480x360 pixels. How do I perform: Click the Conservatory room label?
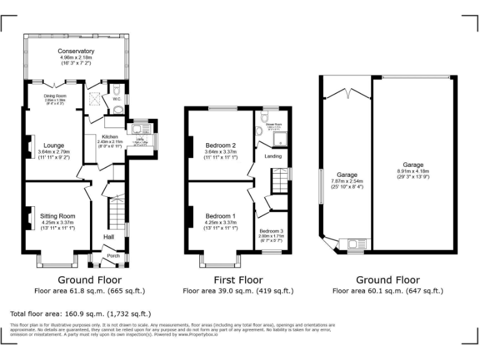click(x=76, y=51)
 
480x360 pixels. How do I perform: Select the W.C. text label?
click(x=117, y=99)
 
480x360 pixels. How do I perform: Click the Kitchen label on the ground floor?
click(x=110, y=136)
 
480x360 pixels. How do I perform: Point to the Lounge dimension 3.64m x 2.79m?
click(x=54, y=151)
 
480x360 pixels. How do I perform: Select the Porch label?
click(x=113, y=255)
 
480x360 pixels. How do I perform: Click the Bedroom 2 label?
click(x=221, y=145)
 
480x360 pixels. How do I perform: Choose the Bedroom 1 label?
click(x=221, y=216)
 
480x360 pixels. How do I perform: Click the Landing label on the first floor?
click(x=273, y=156)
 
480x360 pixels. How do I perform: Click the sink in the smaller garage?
click(x=354, y=244)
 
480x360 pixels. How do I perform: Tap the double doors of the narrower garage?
click(x=346, y=94)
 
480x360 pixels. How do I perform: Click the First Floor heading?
click(x=238, y=280)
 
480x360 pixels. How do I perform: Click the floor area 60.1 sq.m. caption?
click(x=387, y=291)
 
